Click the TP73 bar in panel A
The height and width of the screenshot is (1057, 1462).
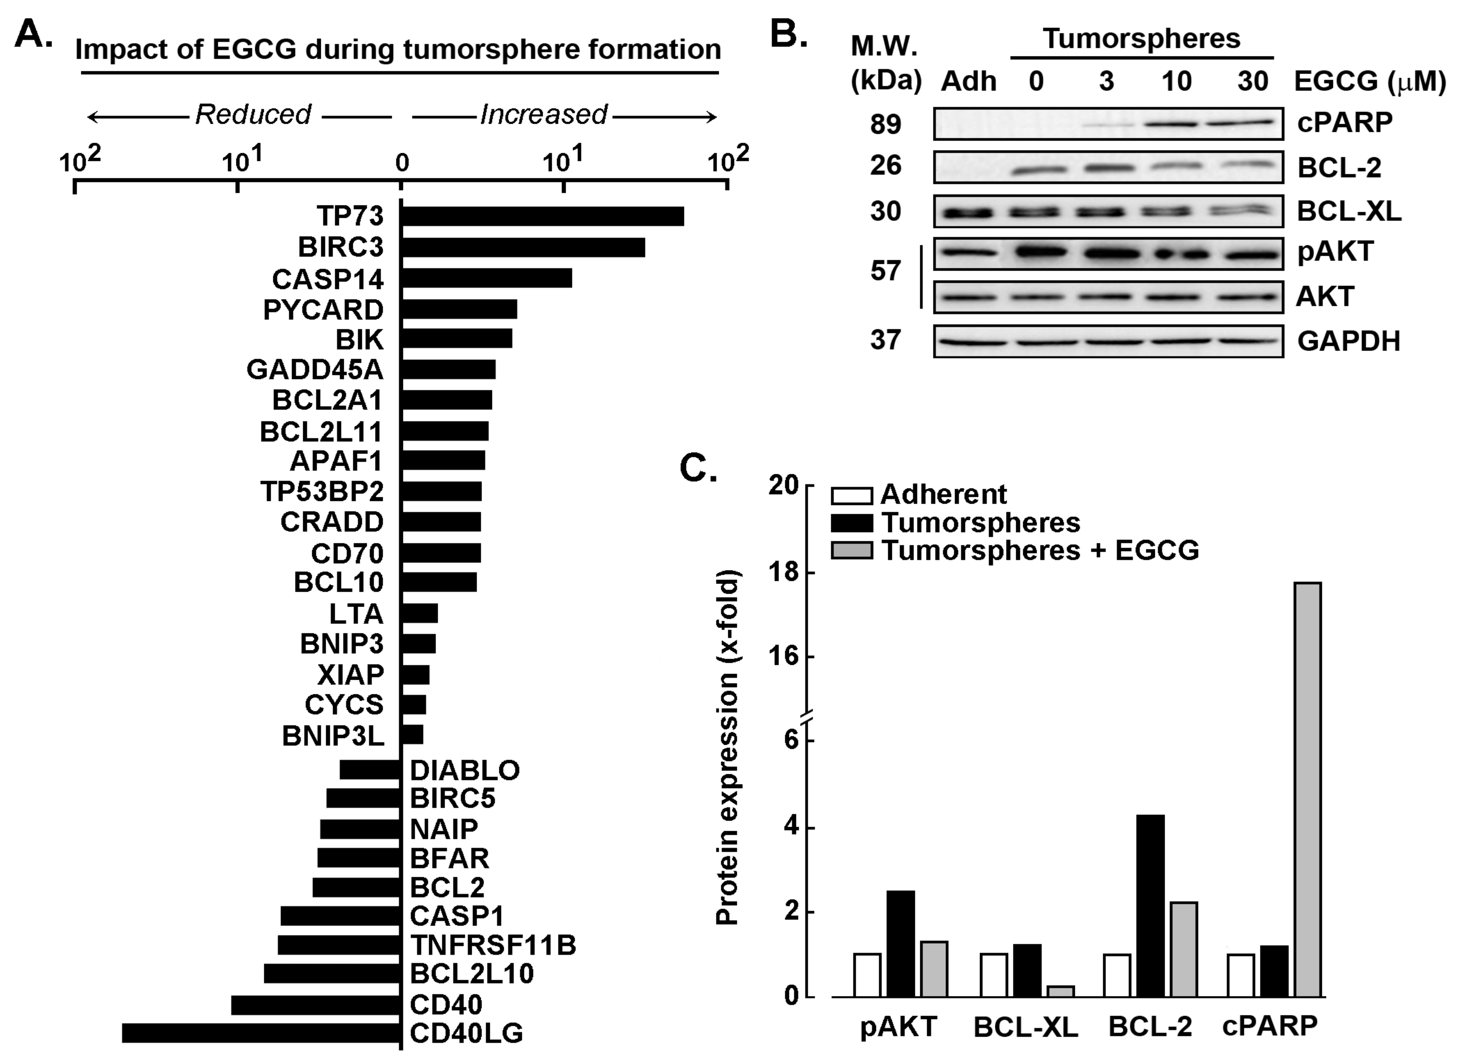[x=542, y=216]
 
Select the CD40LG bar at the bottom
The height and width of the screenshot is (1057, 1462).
[x=261, y=1033]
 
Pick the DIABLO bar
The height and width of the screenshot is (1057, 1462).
[x=370, y=770]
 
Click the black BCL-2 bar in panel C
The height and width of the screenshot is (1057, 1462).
[x=1151, y=906]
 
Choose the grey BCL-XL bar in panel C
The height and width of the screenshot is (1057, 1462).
[x=1060, y=991]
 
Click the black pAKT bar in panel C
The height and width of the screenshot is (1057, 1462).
[x=900, y=944]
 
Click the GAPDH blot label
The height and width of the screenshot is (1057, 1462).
[x=1349, y=341]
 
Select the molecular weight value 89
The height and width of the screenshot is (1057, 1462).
[x=885, y=124]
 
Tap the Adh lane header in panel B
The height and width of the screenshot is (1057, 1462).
[x=968, y=82]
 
